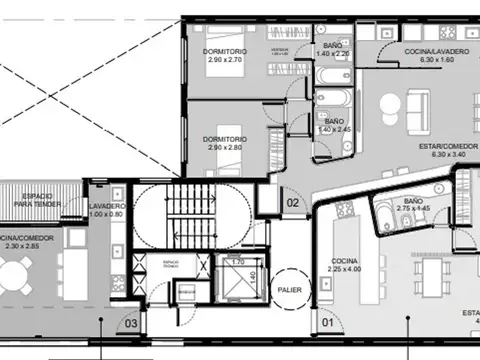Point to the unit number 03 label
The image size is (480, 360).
(x=131, y=322)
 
